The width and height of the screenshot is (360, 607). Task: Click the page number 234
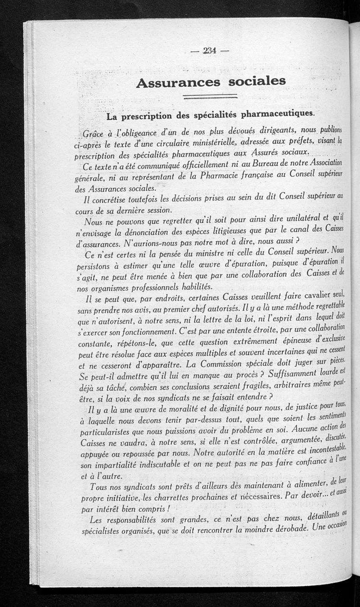click(x=209, y=51)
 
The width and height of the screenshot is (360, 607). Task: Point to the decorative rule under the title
click(x=211, y=96)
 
